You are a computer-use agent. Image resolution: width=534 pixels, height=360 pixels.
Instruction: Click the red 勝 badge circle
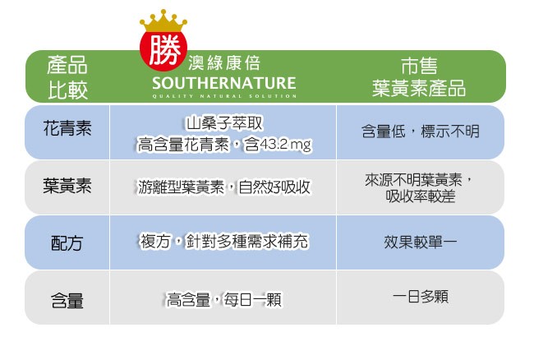163,49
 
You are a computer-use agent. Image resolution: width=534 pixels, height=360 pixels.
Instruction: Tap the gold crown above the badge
163,21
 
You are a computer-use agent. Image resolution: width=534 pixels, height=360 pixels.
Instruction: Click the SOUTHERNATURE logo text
224,84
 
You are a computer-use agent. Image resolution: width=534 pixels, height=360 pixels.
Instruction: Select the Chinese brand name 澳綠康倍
224,63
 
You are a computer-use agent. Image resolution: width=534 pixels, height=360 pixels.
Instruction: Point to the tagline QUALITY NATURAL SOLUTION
224,96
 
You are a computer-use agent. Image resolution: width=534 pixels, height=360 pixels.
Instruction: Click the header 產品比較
67,77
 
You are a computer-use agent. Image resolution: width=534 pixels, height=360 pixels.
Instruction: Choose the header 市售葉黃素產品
419,77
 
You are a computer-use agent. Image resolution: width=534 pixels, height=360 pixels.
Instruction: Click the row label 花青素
67,128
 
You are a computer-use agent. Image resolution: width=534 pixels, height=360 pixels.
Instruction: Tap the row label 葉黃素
67,186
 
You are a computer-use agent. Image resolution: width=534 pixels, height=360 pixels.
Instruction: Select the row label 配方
67,243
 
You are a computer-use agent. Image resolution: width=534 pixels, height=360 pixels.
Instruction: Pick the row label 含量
67,300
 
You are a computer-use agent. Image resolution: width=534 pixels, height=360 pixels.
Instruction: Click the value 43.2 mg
286,145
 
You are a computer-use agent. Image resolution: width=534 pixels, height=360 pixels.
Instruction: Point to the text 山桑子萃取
224,123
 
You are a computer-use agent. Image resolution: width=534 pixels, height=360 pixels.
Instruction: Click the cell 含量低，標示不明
421,132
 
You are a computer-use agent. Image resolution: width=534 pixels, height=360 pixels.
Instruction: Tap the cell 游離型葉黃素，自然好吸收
224,187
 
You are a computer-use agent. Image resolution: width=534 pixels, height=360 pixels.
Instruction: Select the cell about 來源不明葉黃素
420,187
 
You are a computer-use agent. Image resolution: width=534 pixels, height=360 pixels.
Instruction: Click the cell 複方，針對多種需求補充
224,242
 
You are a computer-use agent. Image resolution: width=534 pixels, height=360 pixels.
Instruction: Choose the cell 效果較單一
421,242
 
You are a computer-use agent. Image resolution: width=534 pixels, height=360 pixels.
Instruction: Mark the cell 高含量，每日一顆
224,300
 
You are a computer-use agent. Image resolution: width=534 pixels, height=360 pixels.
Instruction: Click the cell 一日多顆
421,297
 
